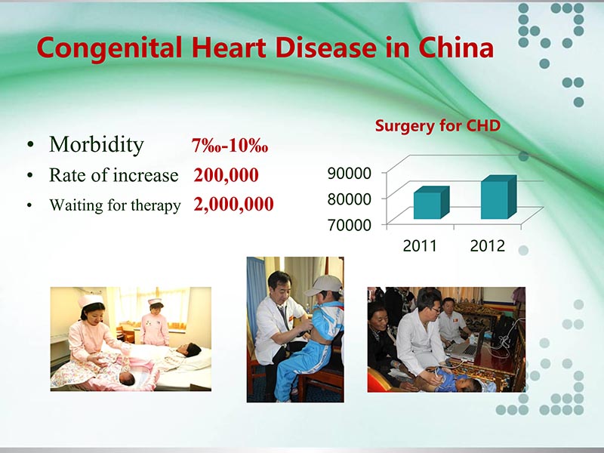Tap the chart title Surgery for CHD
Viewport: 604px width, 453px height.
437,126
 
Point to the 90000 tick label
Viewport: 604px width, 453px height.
349,174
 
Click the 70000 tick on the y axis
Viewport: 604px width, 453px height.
349,224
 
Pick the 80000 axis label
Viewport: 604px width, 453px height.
349,199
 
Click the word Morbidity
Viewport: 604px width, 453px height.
96,144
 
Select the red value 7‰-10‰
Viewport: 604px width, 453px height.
230,146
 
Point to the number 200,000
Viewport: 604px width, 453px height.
226,176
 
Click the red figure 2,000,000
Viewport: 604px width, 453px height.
233,205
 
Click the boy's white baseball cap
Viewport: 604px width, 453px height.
324,285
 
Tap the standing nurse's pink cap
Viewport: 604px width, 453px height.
155,303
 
